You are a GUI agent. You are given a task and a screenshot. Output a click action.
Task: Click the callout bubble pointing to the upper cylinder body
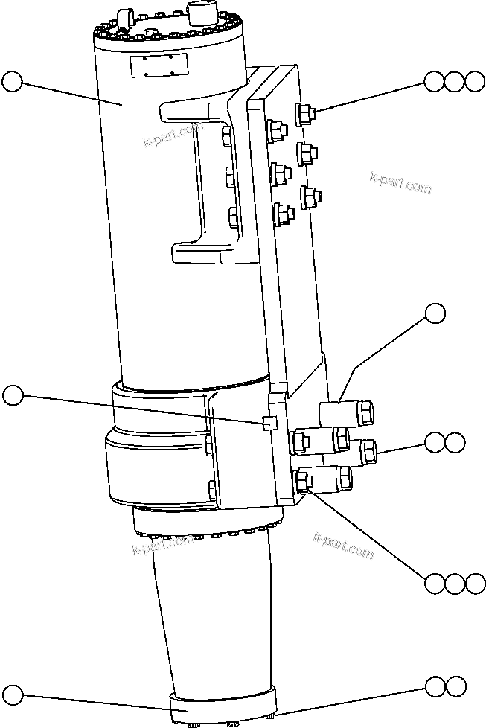(x=13, y=81)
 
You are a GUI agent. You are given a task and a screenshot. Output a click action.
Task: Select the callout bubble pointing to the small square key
(x=13, y=395)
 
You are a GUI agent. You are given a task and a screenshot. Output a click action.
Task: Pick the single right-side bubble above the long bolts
(x=435, y=313)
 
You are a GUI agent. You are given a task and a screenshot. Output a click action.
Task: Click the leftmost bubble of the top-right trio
(x=435, y=81)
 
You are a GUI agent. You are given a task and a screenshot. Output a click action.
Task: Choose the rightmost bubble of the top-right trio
(x=474, y=81)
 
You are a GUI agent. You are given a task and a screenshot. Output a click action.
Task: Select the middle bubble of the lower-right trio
(x=455, y=583)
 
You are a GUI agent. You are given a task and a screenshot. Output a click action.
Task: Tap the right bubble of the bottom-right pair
(x=455, y=685)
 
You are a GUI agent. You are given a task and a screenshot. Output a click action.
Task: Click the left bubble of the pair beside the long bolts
(x=435, y=443)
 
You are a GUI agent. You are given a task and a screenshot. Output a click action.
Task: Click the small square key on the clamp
(x=270, y=423)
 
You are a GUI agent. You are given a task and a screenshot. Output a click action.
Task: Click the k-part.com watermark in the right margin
(x=400, y=182)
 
